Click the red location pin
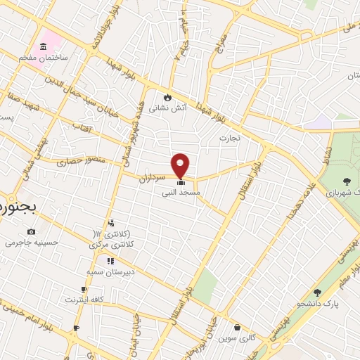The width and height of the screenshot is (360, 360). tap(181, 164)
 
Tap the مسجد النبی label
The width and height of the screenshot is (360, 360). tap(181, 191)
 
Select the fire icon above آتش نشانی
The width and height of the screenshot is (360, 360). tap(167, 98)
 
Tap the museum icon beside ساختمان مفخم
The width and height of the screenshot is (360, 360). tap(44, 46)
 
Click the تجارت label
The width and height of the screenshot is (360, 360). tap(229, 137)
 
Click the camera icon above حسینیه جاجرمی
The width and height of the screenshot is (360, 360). tap(31, 231)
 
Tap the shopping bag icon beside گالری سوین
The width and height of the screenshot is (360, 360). tap(238, 327)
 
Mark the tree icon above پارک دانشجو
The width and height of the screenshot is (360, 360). tap(317, 292)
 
